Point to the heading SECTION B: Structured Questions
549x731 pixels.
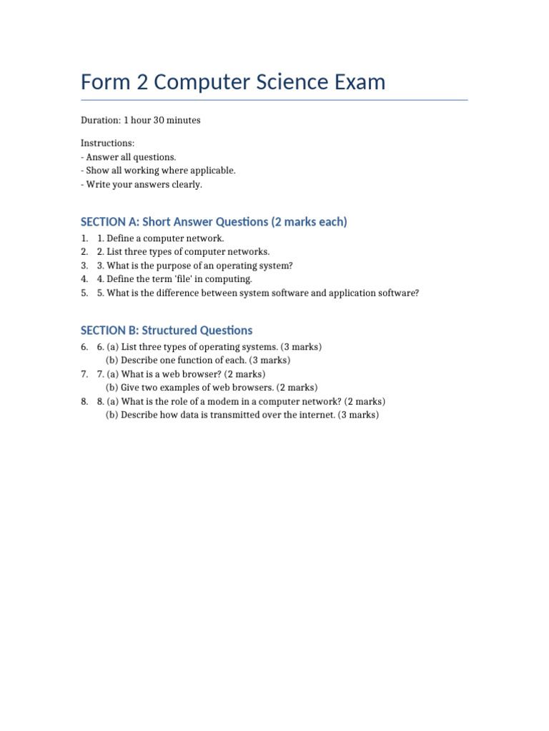[x=167, y=331]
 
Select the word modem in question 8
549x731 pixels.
[x=217, y=401]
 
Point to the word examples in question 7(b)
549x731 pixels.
[x=182, y=388]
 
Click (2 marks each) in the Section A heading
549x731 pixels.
[x=309, y=222]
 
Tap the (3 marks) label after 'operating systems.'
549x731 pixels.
[x=301, y=347]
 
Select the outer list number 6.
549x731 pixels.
[x=84, y=347]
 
